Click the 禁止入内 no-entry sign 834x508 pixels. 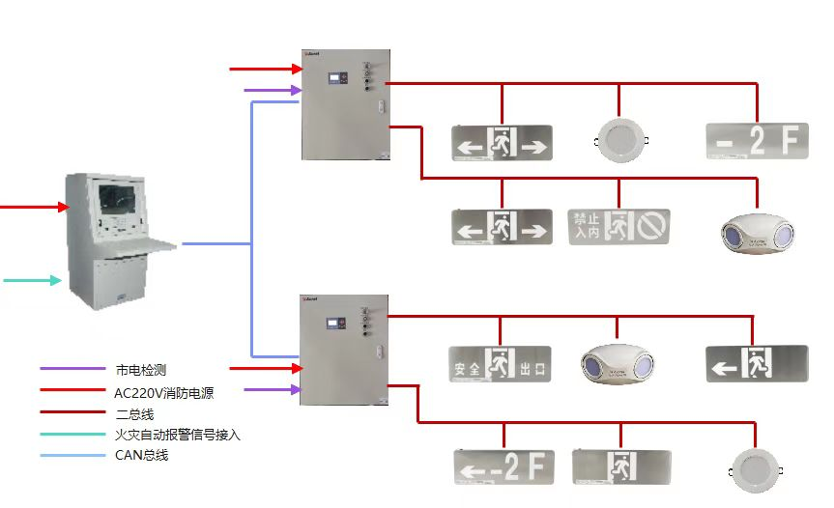618,227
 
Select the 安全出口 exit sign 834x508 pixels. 500,364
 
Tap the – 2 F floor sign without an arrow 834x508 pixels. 757,141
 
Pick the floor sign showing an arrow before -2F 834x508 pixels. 504,466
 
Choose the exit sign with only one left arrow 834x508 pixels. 756,364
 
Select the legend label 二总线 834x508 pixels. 134,413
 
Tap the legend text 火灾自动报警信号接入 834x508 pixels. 177,435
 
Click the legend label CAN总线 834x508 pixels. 141,455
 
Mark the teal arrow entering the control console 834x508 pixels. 34,281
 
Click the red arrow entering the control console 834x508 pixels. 35,207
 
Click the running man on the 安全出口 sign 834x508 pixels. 501,364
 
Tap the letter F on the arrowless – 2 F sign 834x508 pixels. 791,141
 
